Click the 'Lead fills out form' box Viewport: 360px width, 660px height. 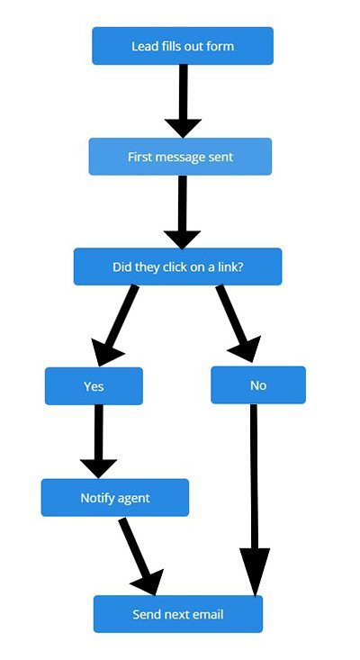click(x=183, y=46)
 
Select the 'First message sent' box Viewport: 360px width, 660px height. click(x=180, y=157)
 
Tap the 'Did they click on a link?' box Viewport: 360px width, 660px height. click(x=178, y=267)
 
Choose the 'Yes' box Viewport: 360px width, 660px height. click(x=94, y=386)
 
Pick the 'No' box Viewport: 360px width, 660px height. click(x=258, y=385)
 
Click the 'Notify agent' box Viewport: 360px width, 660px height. click(x=115, y=498)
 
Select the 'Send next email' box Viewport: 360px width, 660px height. click(x=178, y=614)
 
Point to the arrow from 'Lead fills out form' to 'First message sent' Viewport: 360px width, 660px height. click(x=183, y=101)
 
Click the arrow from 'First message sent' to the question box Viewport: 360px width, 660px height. click(x=182, y=212)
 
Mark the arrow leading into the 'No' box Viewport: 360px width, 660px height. click(x=238, y=323)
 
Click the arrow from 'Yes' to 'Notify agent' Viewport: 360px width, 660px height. click(x=98, y=441)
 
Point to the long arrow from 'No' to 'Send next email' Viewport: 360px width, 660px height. click(x=254, y=500)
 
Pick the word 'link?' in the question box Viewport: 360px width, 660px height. click(x=231, y=267)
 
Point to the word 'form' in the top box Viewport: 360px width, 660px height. click(x=221, y=46)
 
